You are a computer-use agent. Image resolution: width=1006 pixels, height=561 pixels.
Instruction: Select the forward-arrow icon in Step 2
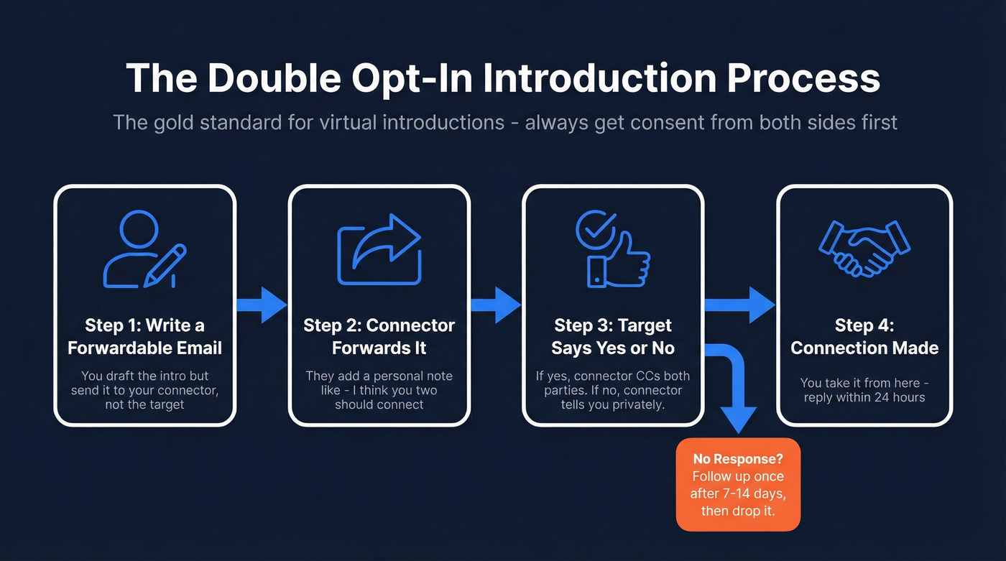[x=379, y=249]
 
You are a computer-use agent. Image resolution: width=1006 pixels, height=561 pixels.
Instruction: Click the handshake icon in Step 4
[x=864, y=248]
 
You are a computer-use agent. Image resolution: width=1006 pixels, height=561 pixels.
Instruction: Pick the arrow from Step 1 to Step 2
[x=262, y=305]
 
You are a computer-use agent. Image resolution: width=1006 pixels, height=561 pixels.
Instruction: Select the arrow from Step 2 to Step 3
[x=497, y=305]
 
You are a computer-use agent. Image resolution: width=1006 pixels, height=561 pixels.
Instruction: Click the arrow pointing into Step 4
[x=740, y=305]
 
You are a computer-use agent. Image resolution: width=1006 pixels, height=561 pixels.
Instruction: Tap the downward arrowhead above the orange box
[x=738, y=419]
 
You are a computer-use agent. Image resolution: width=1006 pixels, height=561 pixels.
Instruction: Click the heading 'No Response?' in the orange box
[x=737, y=459]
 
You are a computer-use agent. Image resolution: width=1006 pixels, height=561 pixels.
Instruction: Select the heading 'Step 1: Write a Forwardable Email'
[x=144, y=336]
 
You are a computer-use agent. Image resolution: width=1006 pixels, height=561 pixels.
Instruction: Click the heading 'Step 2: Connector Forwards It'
[x=379, y=336]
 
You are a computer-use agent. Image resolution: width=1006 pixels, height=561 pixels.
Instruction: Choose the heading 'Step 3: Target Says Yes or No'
[x=613, y=336]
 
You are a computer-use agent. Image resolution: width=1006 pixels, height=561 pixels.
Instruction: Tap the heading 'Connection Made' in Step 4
[x=864, y=348]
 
